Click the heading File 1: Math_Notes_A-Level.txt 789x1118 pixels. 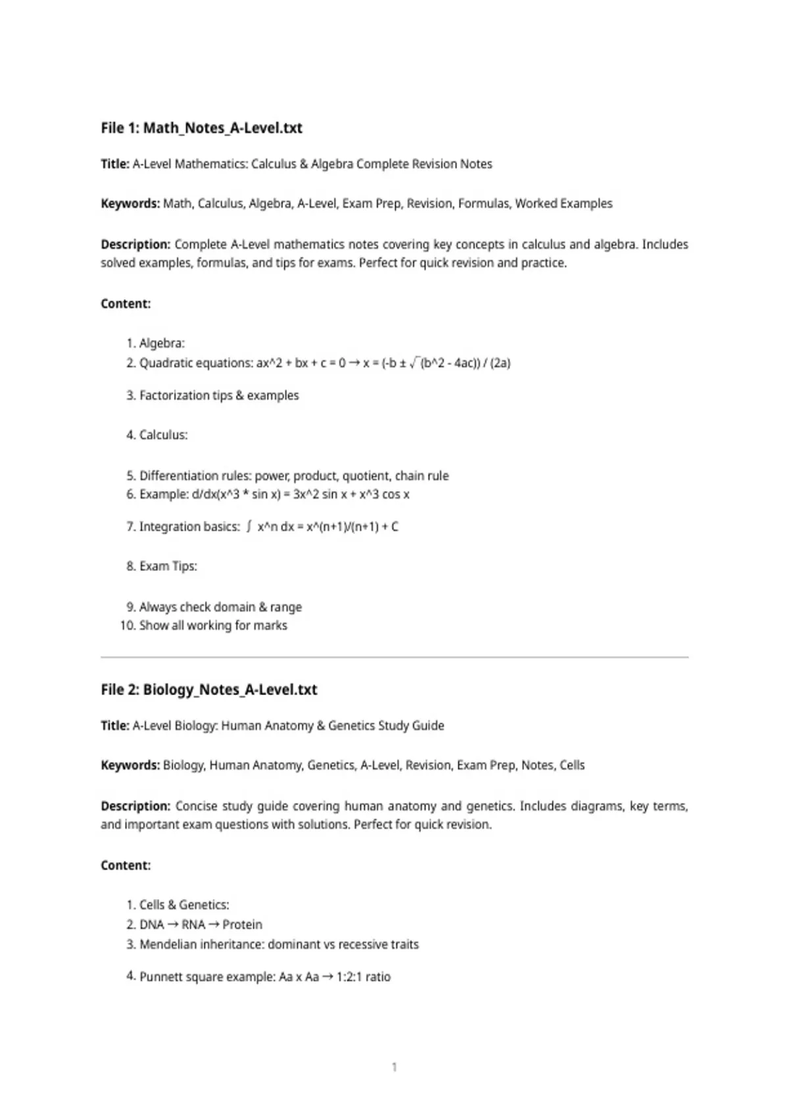click(201, 128)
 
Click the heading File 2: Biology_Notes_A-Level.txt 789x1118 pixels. click(208, 689)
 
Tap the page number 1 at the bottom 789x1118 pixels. click(394, 1067)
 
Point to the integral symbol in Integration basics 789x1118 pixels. click(249, 526)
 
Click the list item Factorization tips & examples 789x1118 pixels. click(219, 395)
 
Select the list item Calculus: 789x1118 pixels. click(163, 435)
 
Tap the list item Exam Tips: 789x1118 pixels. click(168, 566)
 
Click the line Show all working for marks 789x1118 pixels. click(213, 625)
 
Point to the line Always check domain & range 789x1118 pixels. click(220, 606)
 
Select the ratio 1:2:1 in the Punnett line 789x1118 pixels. click(349, 977)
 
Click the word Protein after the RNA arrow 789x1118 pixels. click(242, 924)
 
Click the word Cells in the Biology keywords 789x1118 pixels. click(571, 765)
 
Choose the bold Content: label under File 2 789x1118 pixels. click(126, 865)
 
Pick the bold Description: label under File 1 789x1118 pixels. click(135, 244)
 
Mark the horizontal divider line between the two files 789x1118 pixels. click(394, 656)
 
